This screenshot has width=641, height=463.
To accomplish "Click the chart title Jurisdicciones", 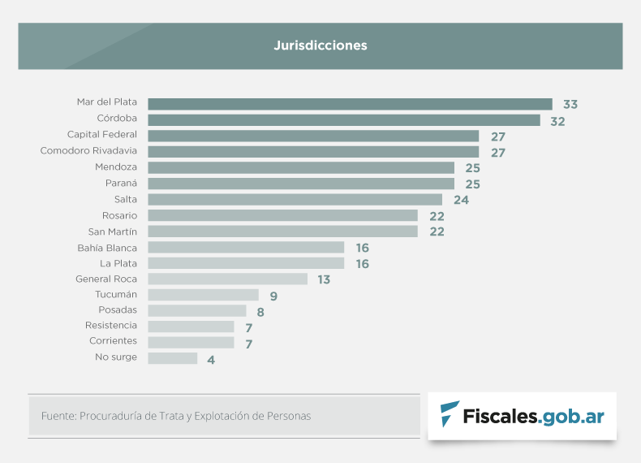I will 320,45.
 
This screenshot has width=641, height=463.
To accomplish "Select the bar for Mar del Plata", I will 350,104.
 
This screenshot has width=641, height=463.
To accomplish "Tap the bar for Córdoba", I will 343,120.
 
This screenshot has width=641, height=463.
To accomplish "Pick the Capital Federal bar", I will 313,136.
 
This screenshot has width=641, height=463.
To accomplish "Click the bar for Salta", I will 295,199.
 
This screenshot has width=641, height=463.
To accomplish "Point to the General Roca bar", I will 227,279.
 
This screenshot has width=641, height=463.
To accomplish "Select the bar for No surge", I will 172,358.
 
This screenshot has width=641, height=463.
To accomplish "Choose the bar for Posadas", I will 196,310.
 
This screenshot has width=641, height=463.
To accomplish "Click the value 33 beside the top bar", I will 570,105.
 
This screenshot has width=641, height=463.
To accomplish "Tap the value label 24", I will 461,200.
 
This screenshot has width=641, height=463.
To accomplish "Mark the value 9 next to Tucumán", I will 274,296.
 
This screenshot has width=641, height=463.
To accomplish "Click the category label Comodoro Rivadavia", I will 88,151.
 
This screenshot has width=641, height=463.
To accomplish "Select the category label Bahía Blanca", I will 107,247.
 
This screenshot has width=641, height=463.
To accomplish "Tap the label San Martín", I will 112,231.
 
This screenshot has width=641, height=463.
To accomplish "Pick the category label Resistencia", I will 111,325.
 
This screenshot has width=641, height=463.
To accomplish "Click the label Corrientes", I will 113,341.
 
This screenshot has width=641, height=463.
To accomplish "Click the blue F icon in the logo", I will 448,415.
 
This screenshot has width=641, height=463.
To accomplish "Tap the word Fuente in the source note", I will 58,416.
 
